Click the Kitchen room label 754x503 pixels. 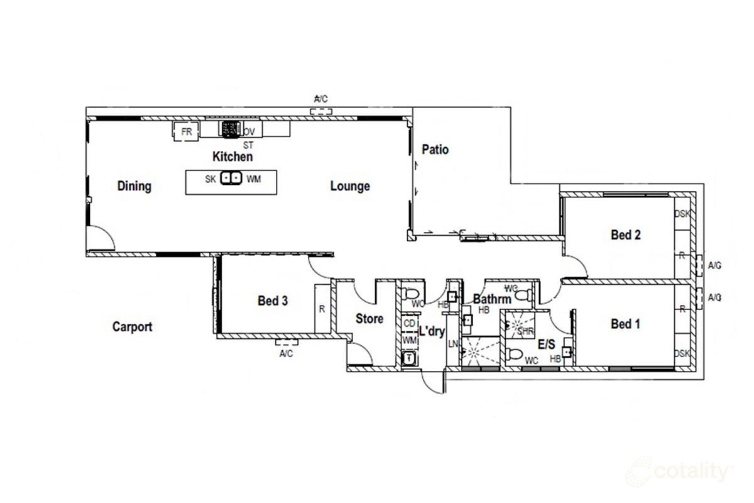232,157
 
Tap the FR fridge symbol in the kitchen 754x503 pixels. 186,132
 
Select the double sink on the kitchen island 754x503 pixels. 231,179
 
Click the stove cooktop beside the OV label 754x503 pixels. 230,130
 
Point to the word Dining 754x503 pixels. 134,186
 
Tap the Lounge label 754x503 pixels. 350,186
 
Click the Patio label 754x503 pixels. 435,150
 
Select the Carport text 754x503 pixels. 132,327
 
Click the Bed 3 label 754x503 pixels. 273,301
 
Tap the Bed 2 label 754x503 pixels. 626,235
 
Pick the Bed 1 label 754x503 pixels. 626,324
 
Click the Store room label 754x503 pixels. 369,319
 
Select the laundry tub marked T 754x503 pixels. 409,358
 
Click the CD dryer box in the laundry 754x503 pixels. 409,324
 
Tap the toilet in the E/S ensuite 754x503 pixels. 515,354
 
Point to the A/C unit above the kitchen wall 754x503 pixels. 320,111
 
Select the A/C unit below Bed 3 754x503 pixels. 285,343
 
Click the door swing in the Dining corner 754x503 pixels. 101,239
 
